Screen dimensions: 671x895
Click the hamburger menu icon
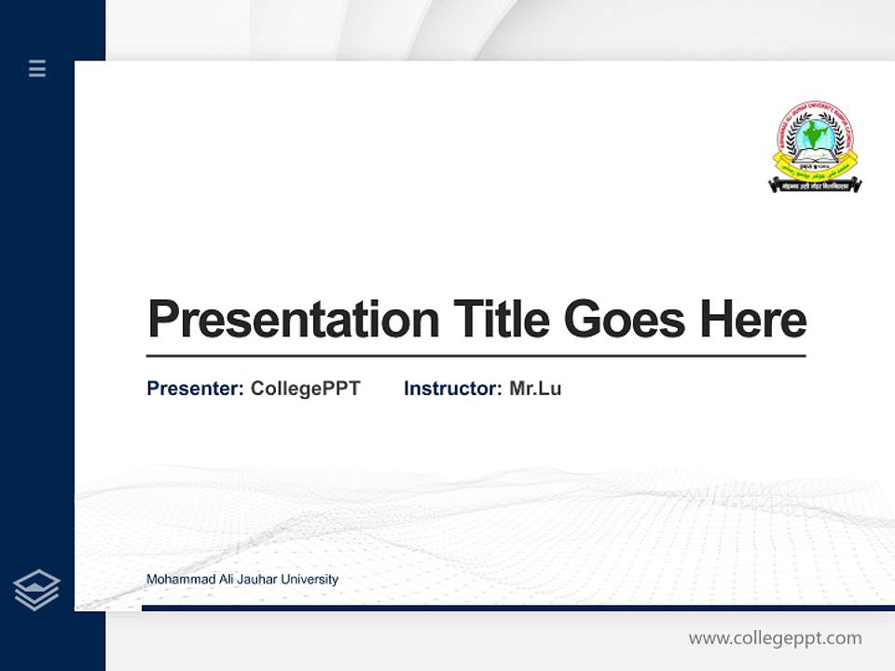coord(37,68)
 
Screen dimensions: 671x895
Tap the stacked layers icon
coord(36,590)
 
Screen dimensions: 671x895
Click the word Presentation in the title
coord(293,320)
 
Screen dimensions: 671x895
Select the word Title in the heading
coord(501,320)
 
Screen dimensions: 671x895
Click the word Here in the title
coord(753,320)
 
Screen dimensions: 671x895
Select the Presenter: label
coord(195,389)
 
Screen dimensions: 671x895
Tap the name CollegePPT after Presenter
coord(305,389)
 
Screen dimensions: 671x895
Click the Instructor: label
coord(452,389)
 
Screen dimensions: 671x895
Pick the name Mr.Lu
coord(535,389)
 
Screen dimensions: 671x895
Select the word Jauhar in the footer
coord(257,580)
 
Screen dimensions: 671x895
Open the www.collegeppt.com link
coord(775,638)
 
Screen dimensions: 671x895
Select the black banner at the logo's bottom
coord(815,186)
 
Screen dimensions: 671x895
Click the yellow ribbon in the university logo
coord(815,172)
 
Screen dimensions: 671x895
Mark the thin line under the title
coord(475,356)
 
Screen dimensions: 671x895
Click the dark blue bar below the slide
coord(517,608)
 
